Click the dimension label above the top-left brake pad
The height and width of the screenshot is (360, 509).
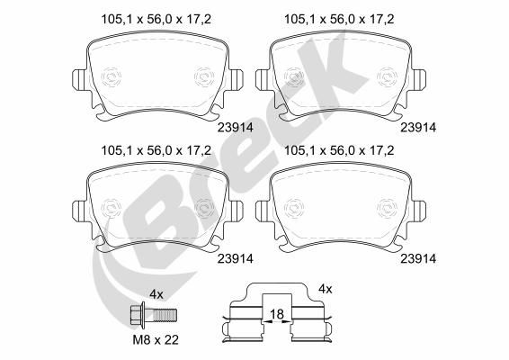coord(156,20)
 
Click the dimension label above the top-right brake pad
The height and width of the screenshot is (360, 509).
coord(339,20)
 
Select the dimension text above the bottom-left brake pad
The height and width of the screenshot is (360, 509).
coord(156,151)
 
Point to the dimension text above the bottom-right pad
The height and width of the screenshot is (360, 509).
coord(339,151)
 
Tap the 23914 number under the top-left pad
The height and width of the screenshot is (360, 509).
coord(235,128)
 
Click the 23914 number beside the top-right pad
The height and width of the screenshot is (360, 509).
coord(418,128)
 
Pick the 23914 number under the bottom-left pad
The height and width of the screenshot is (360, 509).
coord(235,258)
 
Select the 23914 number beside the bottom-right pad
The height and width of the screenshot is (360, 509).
coord(418,258)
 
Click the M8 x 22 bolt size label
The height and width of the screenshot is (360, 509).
coord(156,340)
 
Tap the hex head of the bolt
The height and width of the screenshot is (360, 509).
coord(138,314)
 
